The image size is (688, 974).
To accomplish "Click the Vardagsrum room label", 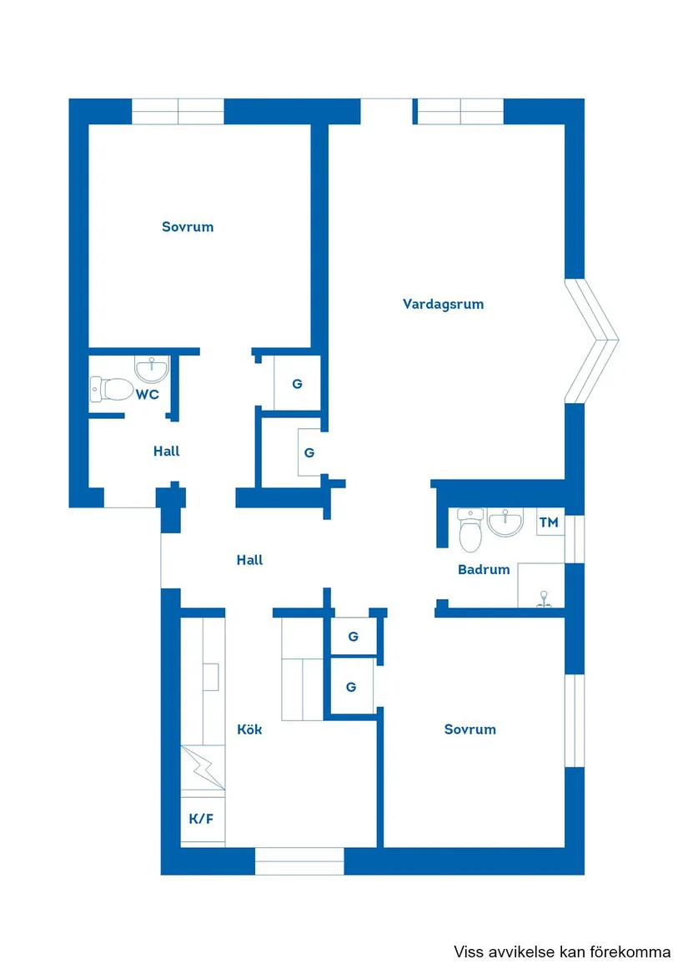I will pyautogui.click(x=443, y=304).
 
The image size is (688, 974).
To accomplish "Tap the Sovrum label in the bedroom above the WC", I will pyautogui.click(x=188, y=226).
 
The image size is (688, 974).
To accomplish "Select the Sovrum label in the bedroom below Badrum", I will pyautogui.click(x=470, y=729).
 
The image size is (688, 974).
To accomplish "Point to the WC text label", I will pyautogui.click(x=148, y=394).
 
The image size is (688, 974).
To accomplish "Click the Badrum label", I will pyautogui.click(x=484, y=569).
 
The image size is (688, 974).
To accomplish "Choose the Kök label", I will pyautogui.click(x=249, y=729).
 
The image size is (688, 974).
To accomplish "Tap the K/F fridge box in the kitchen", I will pyautogui.click(x=202, y=818).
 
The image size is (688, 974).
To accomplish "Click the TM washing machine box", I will pyautogui.click(x=549, y=522).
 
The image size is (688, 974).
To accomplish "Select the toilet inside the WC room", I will pyautogui.click(x=112, y=388).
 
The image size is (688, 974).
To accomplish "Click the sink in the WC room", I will pyautogui.click(x=152, y=367).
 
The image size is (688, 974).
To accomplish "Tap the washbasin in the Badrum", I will pyautogui.click(x=505, y=522).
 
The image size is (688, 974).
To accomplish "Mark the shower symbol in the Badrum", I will pyautogui.click(x=542, y=597).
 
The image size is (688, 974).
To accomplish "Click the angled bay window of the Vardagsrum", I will pyautogui.click(x=594, y=340).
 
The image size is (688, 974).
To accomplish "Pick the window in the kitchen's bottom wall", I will pyautogui.click(x=299, y=860).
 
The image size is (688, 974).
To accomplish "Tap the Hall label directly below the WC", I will pyautogui.click(x=167, y=451).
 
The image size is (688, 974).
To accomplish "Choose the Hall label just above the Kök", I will pyautogui.click(x=249, y=560).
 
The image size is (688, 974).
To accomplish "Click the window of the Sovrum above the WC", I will pyautogui.click(x=178, y=111).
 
